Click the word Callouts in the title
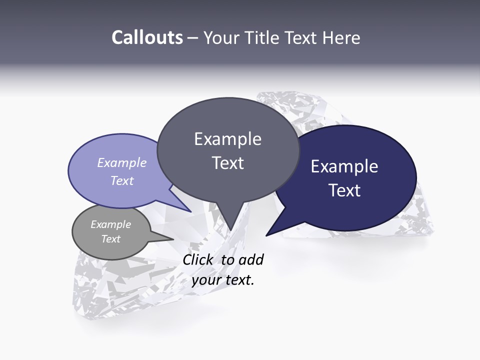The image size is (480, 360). coord(147,37)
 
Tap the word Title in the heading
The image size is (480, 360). coord(262,38)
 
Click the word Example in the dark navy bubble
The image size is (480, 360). coord(344,166)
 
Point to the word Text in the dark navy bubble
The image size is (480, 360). coord(344,190)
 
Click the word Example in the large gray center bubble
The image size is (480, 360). coord(227,139)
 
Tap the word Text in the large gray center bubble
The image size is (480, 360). coord(227,163)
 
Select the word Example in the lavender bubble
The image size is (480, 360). coord(122,162)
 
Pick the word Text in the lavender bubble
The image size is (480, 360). coord(122,180)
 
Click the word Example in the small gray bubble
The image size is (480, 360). coord(110,224)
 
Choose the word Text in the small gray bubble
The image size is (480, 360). coord(110,239)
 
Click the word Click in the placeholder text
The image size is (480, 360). coord(199,259)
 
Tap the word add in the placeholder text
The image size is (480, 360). coord(251,259)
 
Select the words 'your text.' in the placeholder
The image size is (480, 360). coord(223,280)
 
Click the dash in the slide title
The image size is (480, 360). coord(193,38)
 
